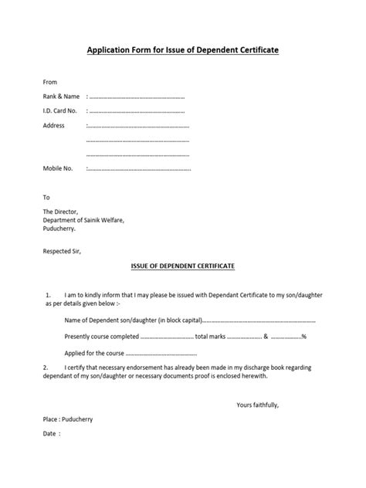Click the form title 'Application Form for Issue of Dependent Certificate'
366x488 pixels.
(182, 49)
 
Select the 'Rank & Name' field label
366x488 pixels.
(61, 97)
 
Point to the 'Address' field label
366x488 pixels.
(54, 125)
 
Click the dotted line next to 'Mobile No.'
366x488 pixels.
(138, 168)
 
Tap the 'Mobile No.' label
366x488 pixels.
(58, 168)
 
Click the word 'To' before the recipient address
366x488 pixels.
(46, 197)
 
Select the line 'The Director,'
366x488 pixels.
(61, 212)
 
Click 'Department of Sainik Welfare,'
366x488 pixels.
(83, 220)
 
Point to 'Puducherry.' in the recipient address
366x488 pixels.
(59, 229)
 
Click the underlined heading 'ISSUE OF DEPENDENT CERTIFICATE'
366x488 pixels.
(182, 265)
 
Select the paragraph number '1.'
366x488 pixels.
(48, 295)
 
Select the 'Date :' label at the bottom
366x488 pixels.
(51, 433)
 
